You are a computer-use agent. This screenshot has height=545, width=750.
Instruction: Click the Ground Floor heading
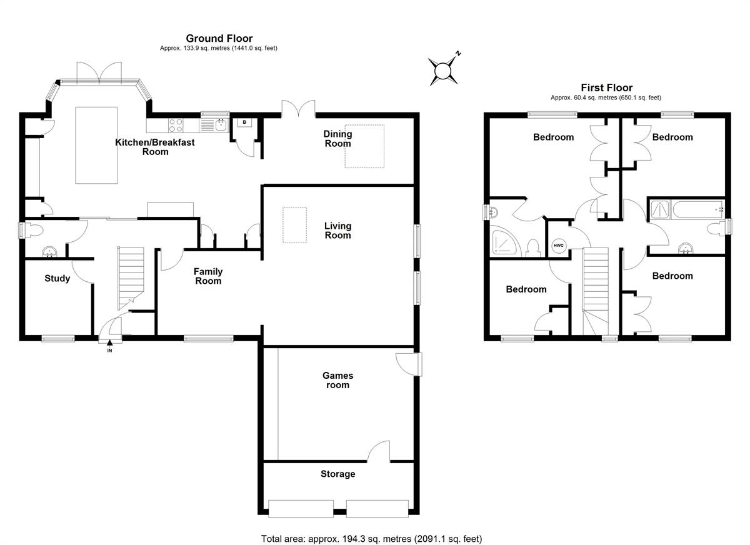coord(219,38)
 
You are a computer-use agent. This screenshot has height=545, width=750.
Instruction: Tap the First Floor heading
coord(606,87)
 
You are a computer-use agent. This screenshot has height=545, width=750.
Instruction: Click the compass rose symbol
coord(443,70)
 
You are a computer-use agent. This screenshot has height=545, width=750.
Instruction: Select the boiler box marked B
coord(244,122)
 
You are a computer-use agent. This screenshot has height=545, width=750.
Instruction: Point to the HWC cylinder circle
coord(559,246)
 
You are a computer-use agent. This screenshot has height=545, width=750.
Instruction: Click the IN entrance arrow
coord(109,342)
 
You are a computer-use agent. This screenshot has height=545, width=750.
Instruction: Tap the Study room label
coord(57,278)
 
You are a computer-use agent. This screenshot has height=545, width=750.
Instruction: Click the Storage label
coord(337,474)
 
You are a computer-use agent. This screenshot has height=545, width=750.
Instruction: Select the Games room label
coord(337,380)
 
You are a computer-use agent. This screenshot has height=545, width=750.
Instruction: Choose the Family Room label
coord(208,276)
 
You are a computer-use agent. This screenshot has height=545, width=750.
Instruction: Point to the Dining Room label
coord(337,139)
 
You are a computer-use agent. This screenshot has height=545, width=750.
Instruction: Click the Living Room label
coord(337,231)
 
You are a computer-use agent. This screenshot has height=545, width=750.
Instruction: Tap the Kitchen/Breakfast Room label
coord(155,147)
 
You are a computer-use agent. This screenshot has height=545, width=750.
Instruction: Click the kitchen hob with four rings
coord(176,126)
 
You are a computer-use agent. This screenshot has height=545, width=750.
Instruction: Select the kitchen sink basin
coord(221,126)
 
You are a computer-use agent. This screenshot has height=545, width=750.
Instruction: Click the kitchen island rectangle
coord(96,145)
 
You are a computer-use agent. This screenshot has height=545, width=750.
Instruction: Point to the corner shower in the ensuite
coord(505,241)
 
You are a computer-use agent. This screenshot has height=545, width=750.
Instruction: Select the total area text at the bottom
coord(371,529)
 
